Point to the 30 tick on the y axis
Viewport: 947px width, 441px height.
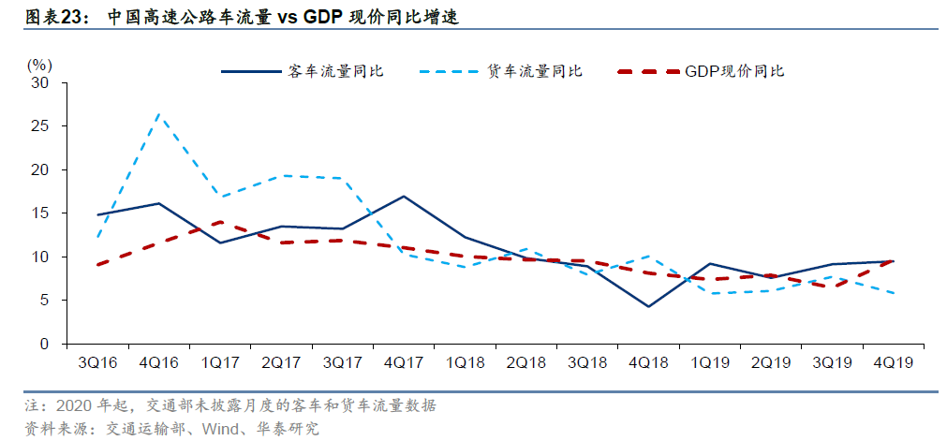(41, 82)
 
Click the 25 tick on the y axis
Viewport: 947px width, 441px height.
(41, 126)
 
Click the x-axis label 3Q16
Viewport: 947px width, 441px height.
(97, 361)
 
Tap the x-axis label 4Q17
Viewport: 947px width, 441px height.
(403, 361)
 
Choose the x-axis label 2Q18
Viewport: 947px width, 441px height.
(525, 361)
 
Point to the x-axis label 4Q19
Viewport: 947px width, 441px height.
(891, 361)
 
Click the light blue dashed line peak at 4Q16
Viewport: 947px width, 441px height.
(158, 114)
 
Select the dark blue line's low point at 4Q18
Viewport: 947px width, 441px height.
(647, 306)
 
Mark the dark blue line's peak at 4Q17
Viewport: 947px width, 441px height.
(403, 197)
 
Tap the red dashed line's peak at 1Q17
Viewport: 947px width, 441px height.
(219, 222)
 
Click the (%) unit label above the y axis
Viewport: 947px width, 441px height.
(39, 65)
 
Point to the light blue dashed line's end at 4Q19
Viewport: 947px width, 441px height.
(891, 294)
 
